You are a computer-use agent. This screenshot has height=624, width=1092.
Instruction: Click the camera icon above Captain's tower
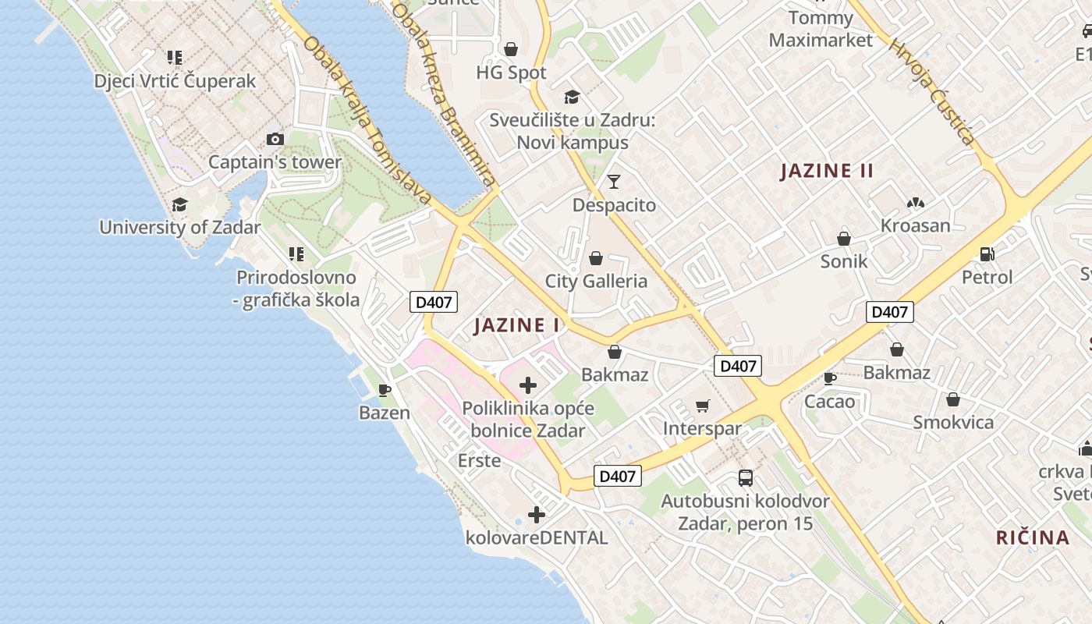pyautogui.click(x=275, y=140)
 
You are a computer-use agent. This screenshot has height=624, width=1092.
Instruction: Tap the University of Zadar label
pyautogui.click(x=179, y=228)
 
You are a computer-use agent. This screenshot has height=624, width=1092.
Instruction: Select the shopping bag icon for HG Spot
pyautogui.click(x=511, y=50)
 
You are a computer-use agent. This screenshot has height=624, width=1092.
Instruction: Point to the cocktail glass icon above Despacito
pyautogui.click(x=614, y=182)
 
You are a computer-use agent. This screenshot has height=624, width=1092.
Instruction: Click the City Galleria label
pyautogui.click(x=596, y=282)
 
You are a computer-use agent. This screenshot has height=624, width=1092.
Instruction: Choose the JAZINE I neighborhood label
pyautogui.click(x=517, y=325)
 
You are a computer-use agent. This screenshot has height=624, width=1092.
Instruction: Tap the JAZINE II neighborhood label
pyautogui.click(x=827, y=171)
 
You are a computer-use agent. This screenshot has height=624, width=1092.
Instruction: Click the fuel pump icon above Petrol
pyautogui.click(x=987, y=254)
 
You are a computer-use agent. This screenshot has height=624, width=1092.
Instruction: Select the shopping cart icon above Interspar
pyautogui.click(x=702, y=406)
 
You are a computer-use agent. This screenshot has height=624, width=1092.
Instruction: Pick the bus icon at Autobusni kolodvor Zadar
pyautogui.click(x=746, y=478)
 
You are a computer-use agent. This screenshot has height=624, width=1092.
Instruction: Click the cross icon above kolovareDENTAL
pyautogui.click(x=536, y=515)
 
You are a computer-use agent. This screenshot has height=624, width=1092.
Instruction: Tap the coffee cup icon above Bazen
pyautogui.click(x=384, y=390)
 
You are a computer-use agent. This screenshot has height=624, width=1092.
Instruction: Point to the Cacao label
pyautogui.click(x=830, y=402)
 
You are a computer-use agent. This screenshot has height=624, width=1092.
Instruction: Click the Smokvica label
pyautogui.click(x=953, y=423)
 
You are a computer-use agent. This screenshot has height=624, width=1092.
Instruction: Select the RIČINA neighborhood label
pyautogui.click(x=1032, y=537)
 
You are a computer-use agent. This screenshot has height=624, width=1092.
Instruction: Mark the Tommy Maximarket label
pyautogui.click(x=821, y=29)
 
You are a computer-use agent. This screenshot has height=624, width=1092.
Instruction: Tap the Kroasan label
pyautogui.click(x=915, y=226)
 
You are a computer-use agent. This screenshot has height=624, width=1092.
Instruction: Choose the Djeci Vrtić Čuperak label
pyautogui.click(x=175, y=81)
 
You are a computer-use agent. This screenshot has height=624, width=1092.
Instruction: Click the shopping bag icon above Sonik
pyautogui.click(x=843, y=239)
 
